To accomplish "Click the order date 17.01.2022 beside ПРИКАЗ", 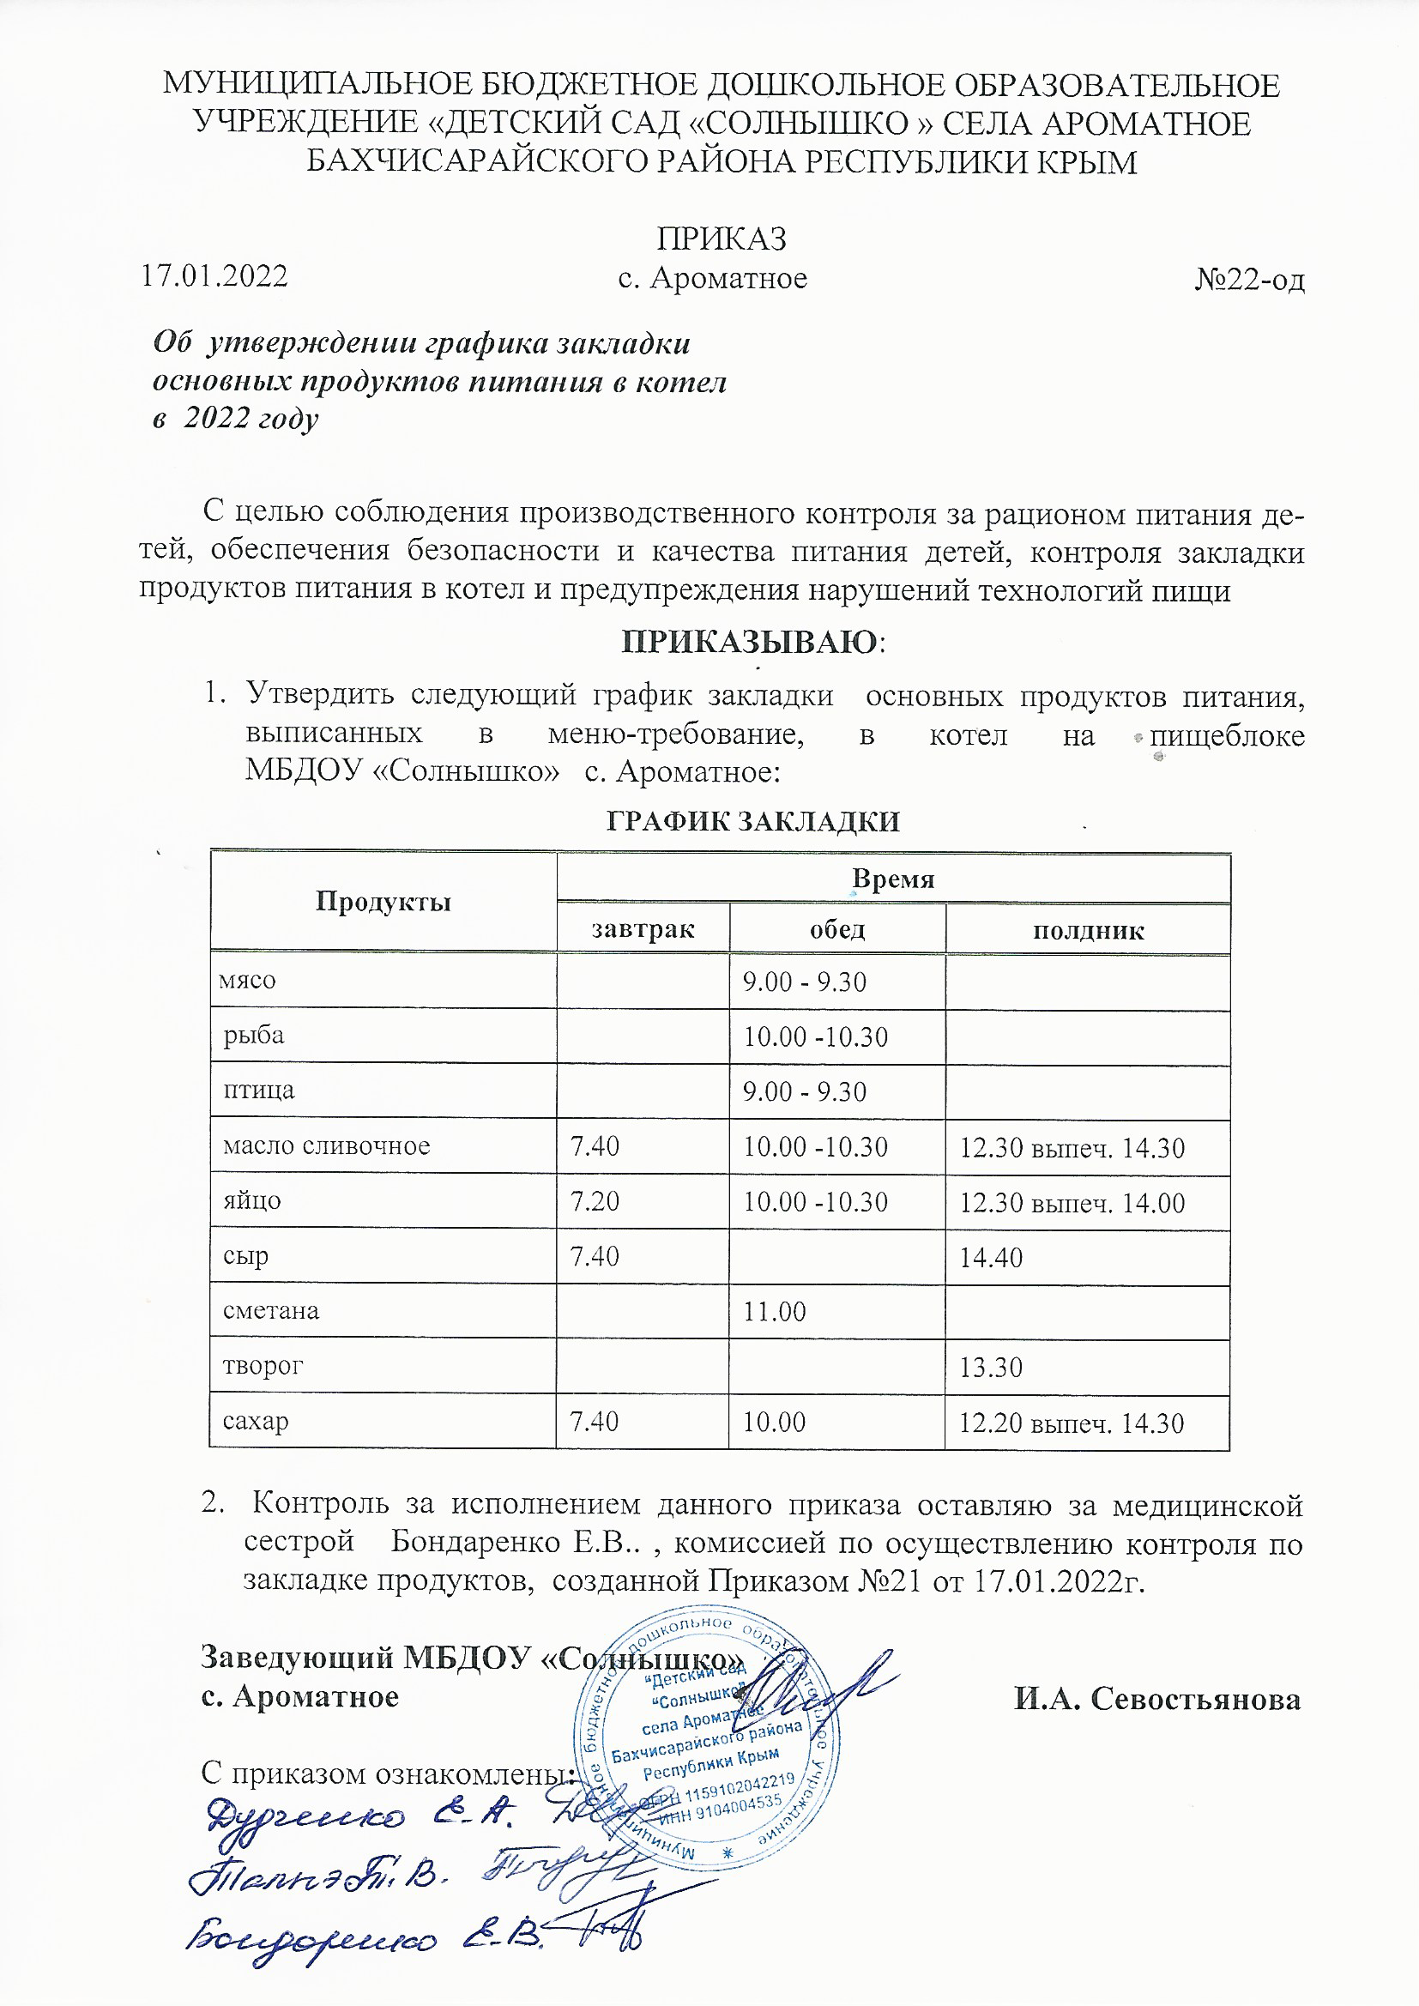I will pyautogui.click(x=215, y=276).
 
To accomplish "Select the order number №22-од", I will pyautogui.click(x=1248, y=280).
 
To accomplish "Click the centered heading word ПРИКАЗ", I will pyautogui.click(x=721, y=239).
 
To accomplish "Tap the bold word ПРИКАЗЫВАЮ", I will pyautogui.click(x=749, y=642).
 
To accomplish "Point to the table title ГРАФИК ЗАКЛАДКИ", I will pyautogui.click(x=752, y=821).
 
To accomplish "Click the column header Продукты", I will pyautogui.click(x=383, y=902).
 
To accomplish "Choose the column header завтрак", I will pyautogui.click(x=643, y=927).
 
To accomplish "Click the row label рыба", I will pyautogui.click(x=253, y=1036).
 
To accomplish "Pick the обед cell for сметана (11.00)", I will pyautogui.click(x=774, y=1311).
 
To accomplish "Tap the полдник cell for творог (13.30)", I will pyautogui.click(x=991, y=1367).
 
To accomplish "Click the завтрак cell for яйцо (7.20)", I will pyautogui.click(x=595, y=1201).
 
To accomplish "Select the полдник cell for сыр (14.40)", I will pyautogui.click(x=991, y=1257).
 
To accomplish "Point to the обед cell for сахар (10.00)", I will pyautogui.click(x=774, y=1422).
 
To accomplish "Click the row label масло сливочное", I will pyautogui.click(x=326, y=1145).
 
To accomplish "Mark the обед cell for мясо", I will pyautogui.click(x=804, y=982).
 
